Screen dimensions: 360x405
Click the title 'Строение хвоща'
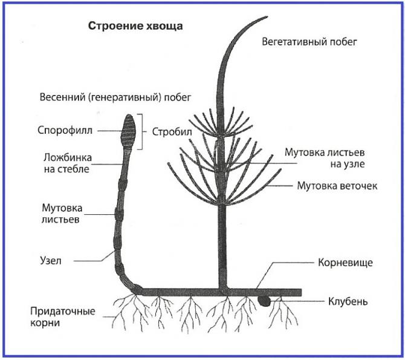[x=135, y=27]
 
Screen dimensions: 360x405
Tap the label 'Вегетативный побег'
[x=310, y=42]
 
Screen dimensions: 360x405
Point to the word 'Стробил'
[x=169, y=131]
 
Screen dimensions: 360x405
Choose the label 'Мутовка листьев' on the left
[x=63, y=214]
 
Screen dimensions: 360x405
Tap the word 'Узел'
[x=51, y=261]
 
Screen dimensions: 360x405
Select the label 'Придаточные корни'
[x=63, y=317]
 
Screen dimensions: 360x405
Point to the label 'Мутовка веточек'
[x=337, y=186]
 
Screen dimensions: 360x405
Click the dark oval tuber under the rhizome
[x=265, y=299]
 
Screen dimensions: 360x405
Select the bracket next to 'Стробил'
[x=143, y=131]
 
